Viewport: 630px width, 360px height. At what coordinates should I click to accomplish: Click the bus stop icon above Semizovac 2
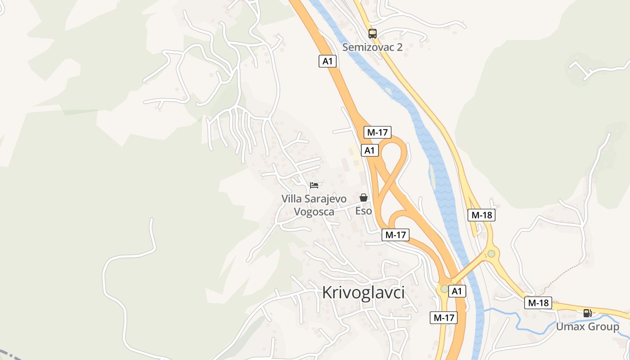point(373,33)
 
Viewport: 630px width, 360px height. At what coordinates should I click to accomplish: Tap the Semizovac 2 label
point(372,47)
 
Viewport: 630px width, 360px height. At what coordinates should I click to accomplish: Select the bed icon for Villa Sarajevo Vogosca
point(314,185)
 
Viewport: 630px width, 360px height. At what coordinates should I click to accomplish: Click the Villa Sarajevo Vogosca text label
point(314,205)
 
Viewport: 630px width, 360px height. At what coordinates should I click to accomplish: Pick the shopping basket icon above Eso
point(364,198)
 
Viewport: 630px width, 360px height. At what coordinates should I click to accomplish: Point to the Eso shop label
point(364,211)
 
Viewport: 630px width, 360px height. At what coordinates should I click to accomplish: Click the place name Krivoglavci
point(363,292)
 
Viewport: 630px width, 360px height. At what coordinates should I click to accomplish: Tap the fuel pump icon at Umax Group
point(587,313)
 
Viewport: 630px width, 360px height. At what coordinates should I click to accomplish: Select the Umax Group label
point(587,327)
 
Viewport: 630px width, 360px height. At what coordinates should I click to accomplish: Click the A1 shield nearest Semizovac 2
point(328,61)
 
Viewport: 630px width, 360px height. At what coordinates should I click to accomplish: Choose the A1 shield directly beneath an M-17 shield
point(369,150)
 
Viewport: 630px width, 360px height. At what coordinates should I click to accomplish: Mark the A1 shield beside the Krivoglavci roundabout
point(457,291)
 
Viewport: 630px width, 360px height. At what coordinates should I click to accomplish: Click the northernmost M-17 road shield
point(377,132)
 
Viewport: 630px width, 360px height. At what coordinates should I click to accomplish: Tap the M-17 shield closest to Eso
point(395,234)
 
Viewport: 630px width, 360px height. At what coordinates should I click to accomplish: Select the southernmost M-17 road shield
point(443,317)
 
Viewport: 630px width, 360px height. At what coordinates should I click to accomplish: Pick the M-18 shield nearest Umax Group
point(538,303)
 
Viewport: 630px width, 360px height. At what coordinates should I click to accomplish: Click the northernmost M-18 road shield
point(481,215)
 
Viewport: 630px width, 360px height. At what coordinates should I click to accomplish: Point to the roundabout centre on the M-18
point(491,253)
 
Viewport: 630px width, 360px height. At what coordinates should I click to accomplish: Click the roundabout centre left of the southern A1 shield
point(445,288)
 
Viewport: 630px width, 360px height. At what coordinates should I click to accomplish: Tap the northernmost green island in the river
point(388,91)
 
